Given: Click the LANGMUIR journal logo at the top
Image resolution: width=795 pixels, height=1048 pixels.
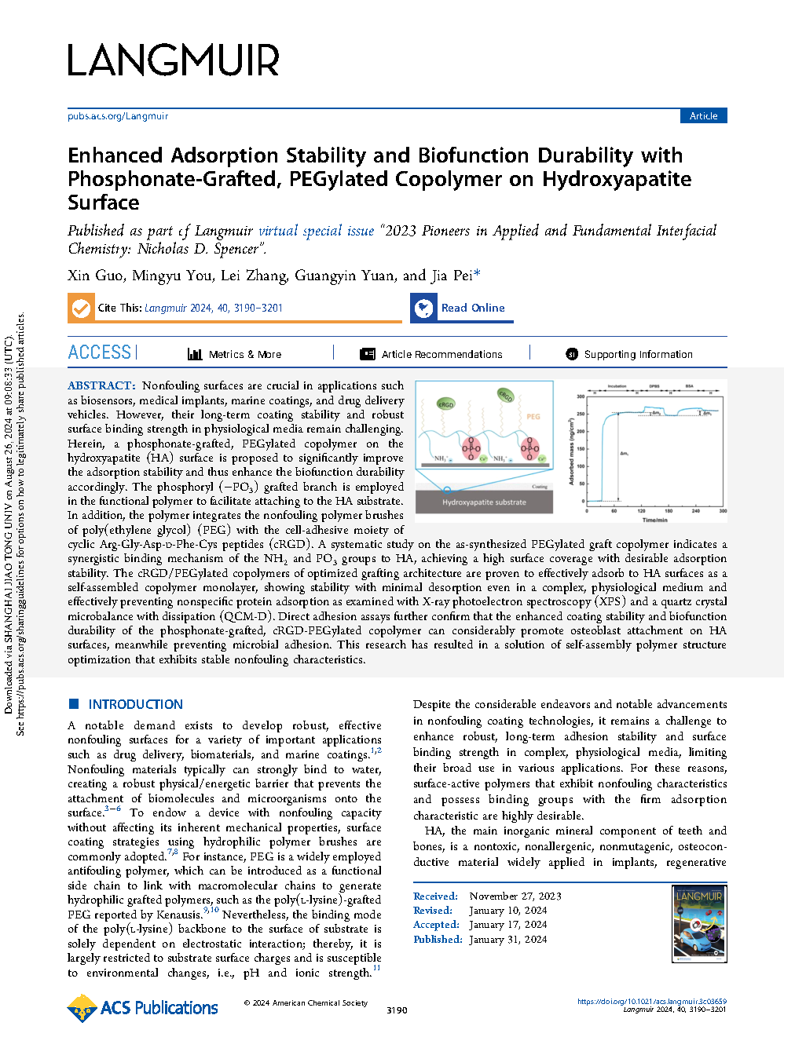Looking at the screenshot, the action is click(173, 60).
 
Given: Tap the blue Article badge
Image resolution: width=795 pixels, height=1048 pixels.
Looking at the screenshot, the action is click(703, 116).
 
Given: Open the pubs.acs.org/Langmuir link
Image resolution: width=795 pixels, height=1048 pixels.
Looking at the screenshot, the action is click(118, 116).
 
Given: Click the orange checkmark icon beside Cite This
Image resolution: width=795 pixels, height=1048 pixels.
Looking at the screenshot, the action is click(81, 308).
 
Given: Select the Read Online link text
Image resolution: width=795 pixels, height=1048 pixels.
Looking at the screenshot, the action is click(472, 308).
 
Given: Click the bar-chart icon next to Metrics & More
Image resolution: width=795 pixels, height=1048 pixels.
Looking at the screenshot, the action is click(195, 354).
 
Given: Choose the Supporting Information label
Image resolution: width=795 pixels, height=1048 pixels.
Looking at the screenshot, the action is click(639, 354).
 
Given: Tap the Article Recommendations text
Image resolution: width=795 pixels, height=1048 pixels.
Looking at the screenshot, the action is click(442, 354).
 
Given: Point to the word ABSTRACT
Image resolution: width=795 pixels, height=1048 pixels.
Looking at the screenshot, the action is click(101, 385).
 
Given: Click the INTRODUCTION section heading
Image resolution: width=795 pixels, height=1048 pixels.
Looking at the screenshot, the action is click(135, 704).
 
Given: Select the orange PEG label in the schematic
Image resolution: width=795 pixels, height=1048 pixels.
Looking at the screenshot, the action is click(533, 416).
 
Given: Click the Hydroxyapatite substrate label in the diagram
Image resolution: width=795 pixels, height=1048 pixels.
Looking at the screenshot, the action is click(484, 502).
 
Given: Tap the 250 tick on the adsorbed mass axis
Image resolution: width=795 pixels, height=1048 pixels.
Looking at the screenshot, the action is click(581, 414).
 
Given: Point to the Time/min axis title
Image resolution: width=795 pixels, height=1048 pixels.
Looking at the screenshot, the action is click(654, 520).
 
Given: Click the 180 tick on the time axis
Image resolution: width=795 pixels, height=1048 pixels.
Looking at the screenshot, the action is click(669, 511).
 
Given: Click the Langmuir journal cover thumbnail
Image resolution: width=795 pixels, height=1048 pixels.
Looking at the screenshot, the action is click(699, 924).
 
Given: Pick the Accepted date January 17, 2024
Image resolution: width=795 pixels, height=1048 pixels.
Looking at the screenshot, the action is click(507, 924).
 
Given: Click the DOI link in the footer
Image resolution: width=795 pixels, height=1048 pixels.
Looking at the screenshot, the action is click(652, 1001).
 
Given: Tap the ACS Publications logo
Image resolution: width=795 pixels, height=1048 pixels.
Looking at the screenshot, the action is click(142, 1008).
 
